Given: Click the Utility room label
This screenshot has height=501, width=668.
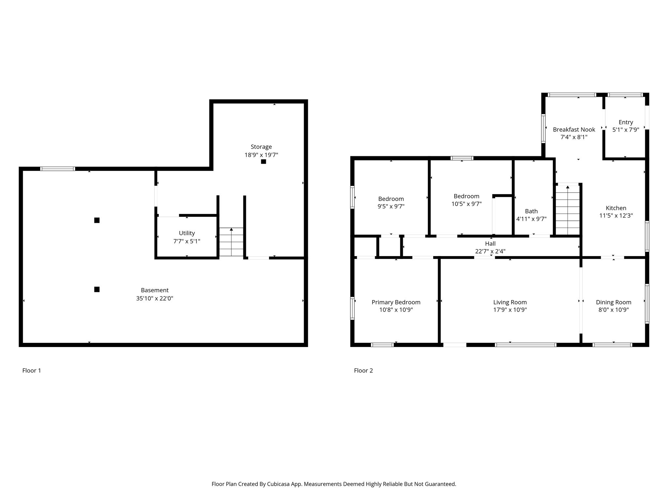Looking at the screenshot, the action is [187, 233].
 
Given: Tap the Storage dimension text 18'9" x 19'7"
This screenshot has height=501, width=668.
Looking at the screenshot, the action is [261, 155].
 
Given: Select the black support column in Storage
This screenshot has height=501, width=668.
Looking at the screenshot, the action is [264, 161].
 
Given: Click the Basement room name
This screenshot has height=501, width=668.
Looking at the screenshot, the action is [155, 290].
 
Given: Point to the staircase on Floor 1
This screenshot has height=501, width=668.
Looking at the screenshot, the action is [231, 242].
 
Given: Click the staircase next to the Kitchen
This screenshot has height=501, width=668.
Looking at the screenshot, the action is [568, 209].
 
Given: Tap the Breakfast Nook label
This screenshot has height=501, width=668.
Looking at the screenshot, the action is [574, 129].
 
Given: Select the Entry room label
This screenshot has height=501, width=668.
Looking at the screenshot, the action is [626, 122].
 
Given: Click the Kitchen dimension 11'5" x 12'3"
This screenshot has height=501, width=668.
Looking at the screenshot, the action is [616, 216].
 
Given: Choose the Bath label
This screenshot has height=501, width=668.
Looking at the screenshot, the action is [531, 211].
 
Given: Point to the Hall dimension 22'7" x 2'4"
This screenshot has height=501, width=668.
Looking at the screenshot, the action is [490, 251].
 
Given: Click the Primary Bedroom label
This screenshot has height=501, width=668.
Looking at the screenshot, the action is [396, 302].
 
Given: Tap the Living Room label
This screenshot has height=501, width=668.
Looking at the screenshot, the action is [510, 302].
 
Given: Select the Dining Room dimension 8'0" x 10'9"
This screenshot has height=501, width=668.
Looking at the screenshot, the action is [614, 310].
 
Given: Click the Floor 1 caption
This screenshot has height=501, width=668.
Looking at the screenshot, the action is [32, 371].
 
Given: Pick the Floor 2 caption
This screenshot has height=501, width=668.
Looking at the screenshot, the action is [363, 371].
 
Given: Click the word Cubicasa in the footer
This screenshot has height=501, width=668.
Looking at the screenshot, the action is [279, 484].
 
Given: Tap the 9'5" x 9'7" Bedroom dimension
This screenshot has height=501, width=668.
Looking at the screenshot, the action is [391, 206].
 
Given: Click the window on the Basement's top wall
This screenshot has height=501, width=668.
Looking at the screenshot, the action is [58, 169].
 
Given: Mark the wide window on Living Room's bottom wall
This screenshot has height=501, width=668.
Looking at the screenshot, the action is [525, 345].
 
